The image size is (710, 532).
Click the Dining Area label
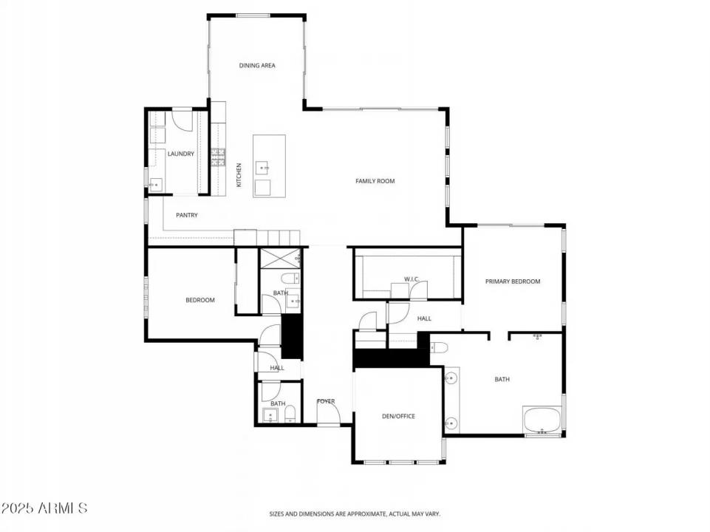257,66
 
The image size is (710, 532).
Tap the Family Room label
375,181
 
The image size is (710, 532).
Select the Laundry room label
181,154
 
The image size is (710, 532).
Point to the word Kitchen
239,175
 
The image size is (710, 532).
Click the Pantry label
187,215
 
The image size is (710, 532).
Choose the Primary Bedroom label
513,282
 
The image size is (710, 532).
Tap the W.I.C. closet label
412,279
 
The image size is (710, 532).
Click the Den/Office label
398,416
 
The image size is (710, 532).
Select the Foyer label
326,401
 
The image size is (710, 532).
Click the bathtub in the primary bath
542,420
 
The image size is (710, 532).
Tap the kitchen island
269,166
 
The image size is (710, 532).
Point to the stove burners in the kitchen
218,157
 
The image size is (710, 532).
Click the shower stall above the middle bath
280,259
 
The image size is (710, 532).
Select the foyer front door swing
328,412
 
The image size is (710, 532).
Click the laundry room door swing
183,120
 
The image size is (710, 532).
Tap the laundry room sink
156,185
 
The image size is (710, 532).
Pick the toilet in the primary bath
439,348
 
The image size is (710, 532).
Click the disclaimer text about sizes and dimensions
355,514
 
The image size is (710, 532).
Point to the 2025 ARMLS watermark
44,508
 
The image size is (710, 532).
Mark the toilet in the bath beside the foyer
290,413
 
